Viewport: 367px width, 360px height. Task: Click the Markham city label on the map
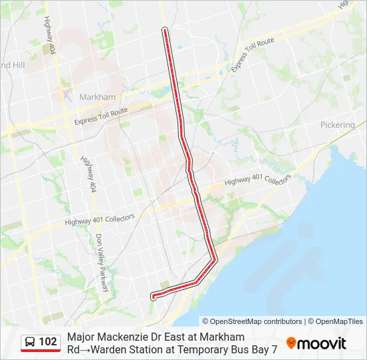pyautogui.click(x=97, y=97)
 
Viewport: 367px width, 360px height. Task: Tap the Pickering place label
pyautogui.click(x=337, y=125)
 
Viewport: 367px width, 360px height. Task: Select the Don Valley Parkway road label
pyautogui.click(x=101, y=263)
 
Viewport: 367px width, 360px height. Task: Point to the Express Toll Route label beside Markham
pyautogui.click(x=101, y=117)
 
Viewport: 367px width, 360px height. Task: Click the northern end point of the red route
pyautogui.click(x=165, y=29)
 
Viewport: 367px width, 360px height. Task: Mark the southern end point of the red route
pyautogui.click(x=153, y=297)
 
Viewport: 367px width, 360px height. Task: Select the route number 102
pyautogui.click(x=48, y=342)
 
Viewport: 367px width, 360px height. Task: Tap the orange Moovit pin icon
pyautogui.click(x=291, y=343)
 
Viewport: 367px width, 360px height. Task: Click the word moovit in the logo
pyautogui.click(x=322, y=344)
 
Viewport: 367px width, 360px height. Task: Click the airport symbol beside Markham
pyautogui.click(x=67, y=93)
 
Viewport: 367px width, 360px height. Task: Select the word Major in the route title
pyautogui.click(x=81, y=337)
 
